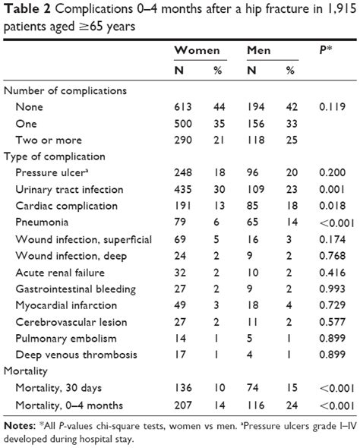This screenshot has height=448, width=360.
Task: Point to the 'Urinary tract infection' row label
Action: [x=70, y=190]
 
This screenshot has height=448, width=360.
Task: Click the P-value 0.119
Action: [x=329, y=107]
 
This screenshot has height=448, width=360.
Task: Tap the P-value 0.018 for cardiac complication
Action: [x=329, y=207]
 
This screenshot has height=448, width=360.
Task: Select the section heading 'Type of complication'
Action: [x=55, y=156]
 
